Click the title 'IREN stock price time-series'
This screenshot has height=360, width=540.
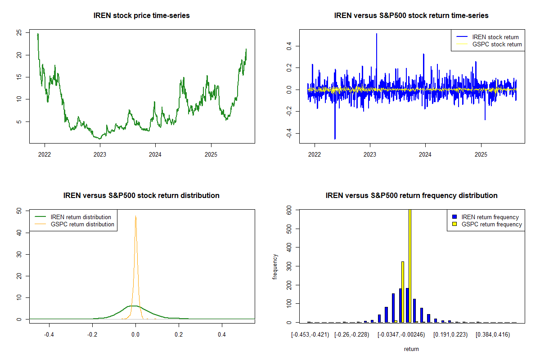click(141, 15)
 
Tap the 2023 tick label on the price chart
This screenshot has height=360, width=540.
click(100, 154)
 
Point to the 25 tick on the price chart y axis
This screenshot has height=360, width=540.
click(19, 32)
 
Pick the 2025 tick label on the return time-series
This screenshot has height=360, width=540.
click(481, 154)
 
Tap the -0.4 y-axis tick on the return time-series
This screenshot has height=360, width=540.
click(289, 133)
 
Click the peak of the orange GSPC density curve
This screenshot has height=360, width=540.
click(136, 216)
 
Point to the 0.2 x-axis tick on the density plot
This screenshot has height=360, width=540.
click(179, 334)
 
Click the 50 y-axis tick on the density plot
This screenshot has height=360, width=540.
click(19, 211)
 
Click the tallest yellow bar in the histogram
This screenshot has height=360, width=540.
click(410, 266)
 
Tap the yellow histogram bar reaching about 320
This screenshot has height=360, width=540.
click(403, 292)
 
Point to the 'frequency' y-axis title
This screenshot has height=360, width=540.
click(275, 266)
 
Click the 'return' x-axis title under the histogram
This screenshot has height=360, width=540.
click(411, 349)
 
